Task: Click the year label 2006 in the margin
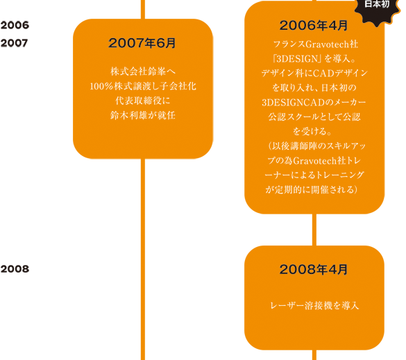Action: coord(15,26)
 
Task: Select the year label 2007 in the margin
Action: coord(15,43)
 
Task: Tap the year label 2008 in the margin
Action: coord(15,269)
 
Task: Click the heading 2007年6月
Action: coord(142,43)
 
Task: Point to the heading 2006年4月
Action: coord(314,26)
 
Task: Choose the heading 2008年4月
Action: coord(314,269)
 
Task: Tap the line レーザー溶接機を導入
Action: coord(314,306)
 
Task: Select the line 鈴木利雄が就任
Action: coord(143,115)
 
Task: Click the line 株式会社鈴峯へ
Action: coord(143,71)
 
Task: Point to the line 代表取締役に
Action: coord(143,101)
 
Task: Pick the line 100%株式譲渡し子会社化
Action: coord(143,86)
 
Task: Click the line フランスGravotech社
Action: coord(316,44)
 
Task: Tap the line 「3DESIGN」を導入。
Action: coord(314,59)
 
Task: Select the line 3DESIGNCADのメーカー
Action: coord(314,103)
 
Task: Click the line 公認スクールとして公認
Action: coord(314,117)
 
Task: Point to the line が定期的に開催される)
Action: coord(312,189)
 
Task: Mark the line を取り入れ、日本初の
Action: coord(314,88)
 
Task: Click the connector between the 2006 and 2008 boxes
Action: coord(314,230)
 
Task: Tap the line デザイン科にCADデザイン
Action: coord(314,74)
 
